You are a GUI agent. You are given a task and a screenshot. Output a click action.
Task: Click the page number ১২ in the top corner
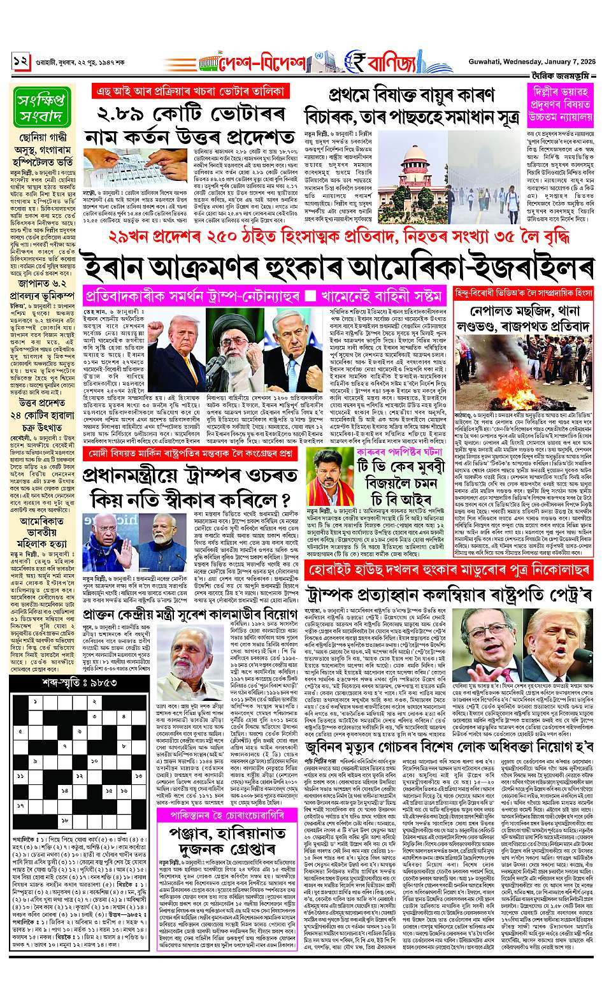(21, 62)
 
